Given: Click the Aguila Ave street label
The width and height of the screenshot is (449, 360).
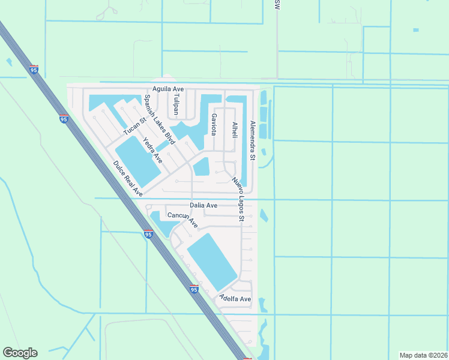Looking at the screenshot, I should coord(168,89).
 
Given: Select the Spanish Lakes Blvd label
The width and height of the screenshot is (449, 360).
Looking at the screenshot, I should coord(159,120).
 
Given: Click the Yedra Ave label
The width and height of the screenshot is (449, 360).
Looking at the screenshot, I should coord(152,150).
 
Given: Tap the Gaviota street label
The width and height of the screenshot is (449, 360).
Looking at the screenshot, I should coord(213,124).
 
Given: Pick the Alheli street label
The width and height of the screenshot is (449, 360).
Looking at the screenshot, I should coord(235,130).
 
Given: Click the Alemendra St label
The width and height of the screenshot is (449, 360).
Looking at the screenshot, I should coord(253,141).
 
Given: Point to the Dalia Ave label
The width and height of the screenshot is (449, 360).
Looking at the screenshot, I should coord(203,205).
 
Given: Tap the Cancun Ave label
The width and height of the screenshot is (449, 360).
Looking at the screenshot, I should coord(182,219).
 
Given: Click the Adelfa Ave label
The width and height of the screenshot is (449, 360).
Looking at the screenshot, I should coord(235,298).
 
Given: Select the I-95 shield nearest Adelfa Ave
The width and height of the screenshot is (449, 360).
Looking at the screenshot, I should coord(193,289).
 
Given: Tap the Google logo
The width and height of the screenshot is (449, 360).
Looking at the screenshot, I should coord(20,353).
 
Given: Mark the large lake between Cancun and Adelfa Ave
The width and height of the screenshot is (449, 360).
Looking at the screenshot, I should coord(212,262).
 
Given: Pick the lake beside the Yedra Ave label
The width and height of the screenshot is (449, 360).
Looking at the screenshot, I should coord(137,160).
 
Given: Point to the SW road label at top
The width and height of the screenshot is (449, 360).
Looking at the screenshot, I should coord(277,4).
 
